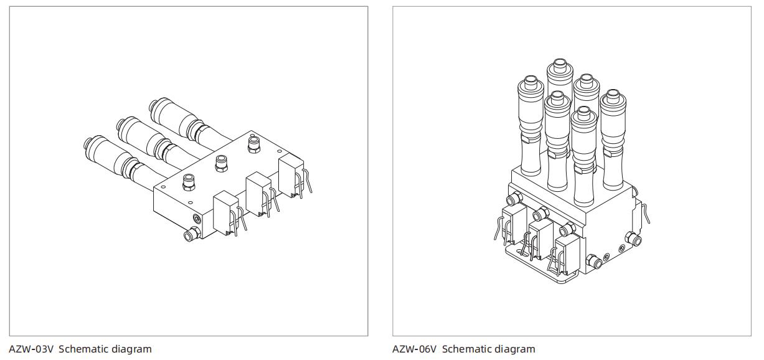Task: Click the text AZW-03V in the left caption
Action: click(x=31, y=349)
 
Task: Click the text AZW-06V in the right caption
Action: click(x=415, y=349)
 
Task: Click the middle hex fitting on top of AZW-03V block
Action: click(x=221, y=163)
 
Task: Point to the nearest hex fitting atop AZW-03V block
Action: click(x=189, y=182)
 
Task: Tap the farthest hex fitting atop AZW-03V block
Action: click(x=254, y=144)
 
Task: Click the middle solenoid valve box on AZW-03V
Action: click(x=258, y=194)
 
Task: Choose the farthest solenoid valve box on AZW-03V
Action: click(x=291, y=176)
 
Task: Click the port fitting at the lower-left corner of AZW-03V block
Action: click(x=190, y=234)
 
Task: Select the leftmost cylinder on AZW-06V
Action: click(x=531, y=126)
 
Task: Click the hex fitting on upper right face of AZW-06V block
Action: click(x=633, y=239)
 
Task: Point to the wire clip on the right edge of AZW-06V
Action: click(x=646, y=213)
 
